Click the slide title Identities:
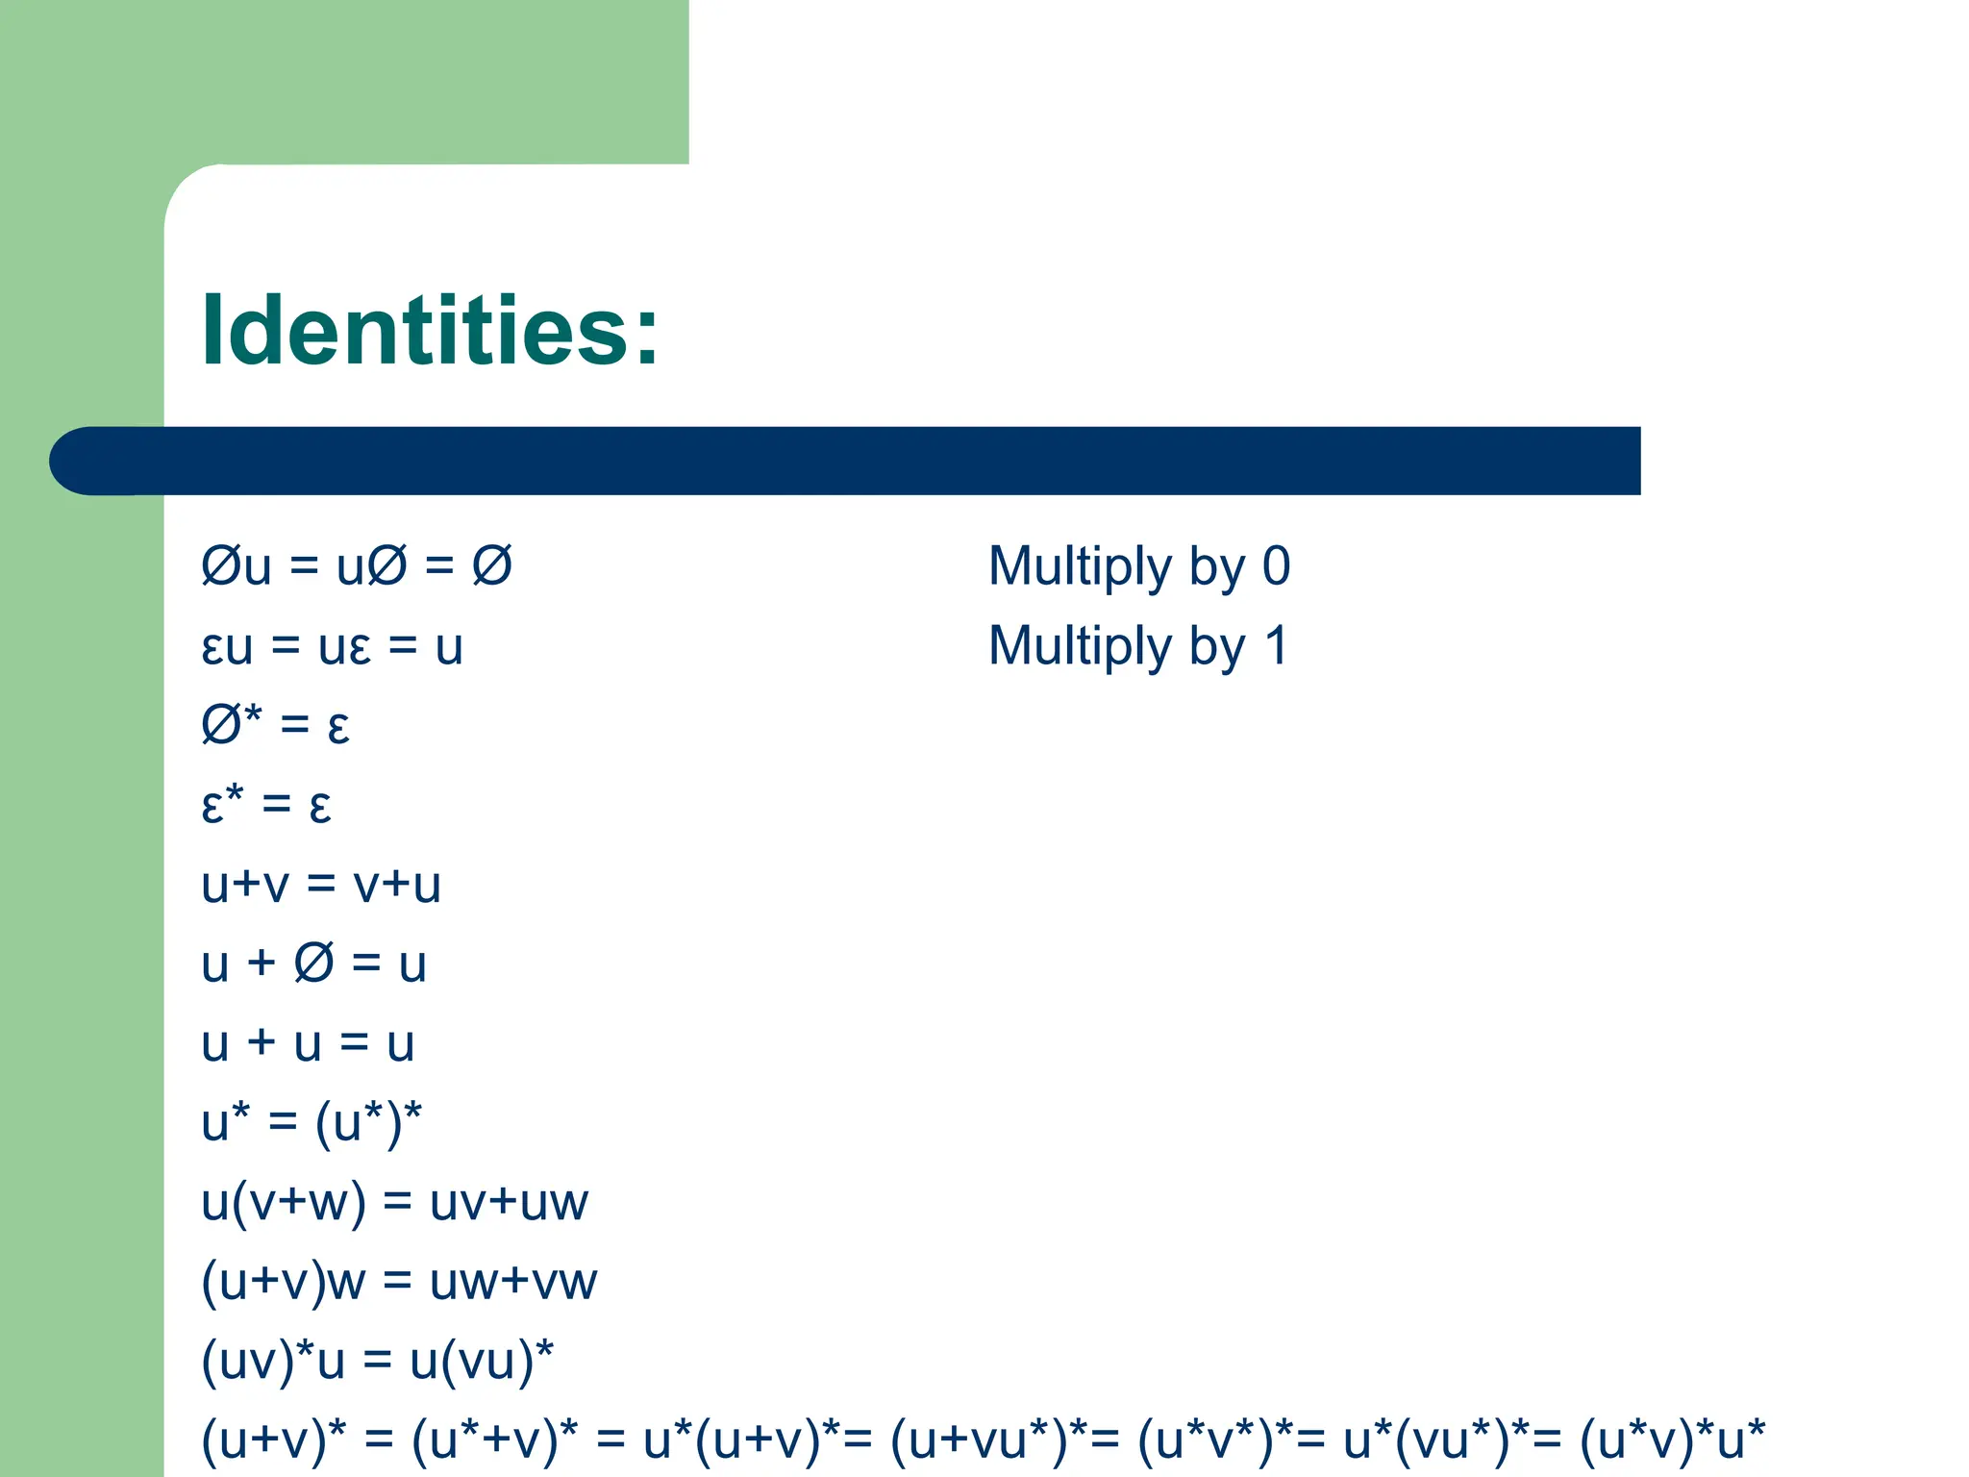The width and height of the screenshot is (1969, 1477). (x=430, y=330)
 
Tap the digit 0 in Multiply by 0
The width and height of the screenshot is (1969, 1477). (x=1276, y=565)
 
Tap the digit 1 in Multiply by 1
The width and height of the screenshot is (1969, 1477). (x=1276, y=645)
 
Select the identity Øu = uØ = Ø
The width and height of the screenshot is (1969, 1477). (x=356, y=565)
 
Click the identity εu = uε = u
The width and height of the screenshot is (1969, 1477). (x=332, y=646)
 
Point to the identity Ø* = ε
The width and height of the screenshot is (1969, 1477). (x=275, y=725)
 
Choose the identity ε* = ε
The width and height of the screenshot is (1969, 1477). (x=266, y=805)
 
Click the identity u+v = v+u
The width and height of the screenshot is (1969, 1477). (x=321, y=885)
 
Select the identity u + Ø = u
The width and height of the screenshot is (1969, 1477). (x=313, y=964)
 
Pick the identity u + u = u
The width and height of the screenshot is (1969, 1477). (x=308, y=1043)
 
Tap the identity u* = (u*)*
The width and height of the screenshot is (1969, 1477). (x=312, y=1123)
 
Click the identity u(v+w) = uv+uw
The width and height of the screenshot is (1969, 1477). (x=394, y=1202)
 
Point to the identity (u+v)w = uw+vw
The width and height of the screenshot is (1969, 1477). (x=399, y=1282)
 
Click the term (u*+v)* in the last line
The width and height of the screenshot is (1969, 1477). (x=494, y=1440)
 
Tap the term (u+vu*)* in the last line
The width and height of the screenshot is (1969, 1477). (x=991, y=1440)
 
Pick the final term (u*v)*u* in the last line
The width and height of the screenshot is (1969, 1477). (x=1673, y=1440)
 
